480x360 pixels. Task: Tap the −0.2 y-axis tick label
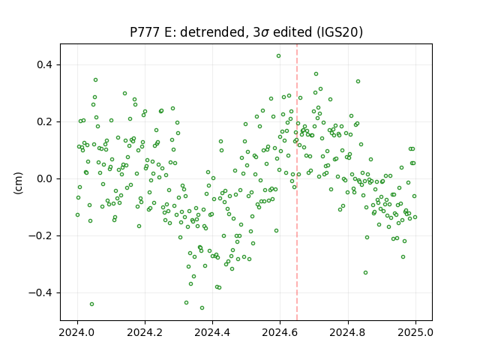(40, 235)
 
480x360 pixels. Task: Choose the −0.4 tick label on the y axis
(40, 293)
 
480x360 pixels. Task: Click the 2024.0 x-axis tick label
(77, 332)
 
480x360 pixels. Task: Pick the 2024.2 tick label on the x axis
(145, 332)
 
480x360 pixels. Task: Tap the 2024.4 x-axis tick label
(212, 332)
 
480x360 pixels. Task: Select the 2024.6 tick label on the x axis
(280, 332)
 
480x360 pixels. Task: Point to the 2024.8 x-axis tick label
(348, 332)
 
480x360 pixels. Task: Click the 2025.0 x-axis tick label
(415, 332)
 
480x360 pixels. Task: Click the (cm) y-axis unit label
(18, 183)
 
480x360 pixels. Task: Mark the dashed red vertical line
(297, 182)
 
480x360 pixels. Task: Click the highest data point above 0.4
(278, 56)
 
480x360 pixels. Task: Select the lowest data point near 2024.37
(202, 308)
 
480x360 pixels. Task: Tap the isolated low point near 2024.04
(91, 304)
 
